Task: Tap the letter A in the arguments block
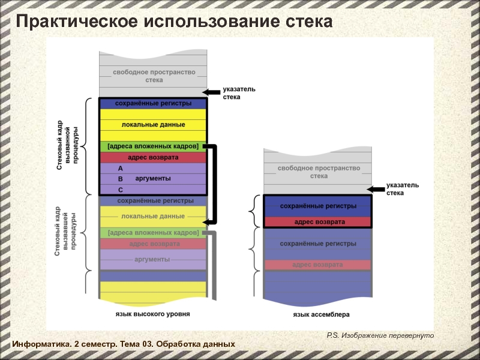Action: coord(121,169)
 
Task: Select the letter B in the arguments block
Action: coord(121,179)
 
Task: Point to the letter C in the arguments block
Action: coord(121,190)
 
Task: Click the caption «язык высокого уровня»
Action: coord(153,314)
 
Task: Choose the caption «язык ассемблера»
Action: coord(321,314)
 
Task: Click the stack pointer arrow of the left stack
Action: coord(212,92)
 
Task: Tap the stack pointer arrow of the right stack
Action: coord(376,190)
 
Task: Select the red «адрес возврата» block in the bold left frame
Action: coord(153,157)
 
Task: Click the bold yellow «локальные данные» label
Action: coord(154,125)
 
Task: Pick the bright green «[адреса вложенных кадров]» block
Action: coord(153,146)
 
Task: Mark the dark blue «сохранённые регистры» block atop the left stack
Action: coord(153,103)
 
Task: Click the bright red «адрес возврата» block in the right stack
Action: coord(318,222)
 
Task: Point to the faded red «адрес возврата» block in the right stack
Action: coord(318,265)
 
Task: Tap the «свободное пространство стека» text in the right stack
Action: coord(319,172)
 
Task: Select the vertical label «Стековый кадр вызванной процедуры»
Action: coord(68,145)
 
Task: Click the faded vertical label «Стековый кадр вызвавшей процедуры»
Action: coord(65,232)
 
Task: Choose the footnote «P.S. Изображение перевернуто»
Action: coord(380,335)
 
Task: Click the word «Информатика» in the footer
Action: coord(41,344)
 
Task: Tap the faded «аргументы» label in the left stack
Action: coord(152,260)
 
